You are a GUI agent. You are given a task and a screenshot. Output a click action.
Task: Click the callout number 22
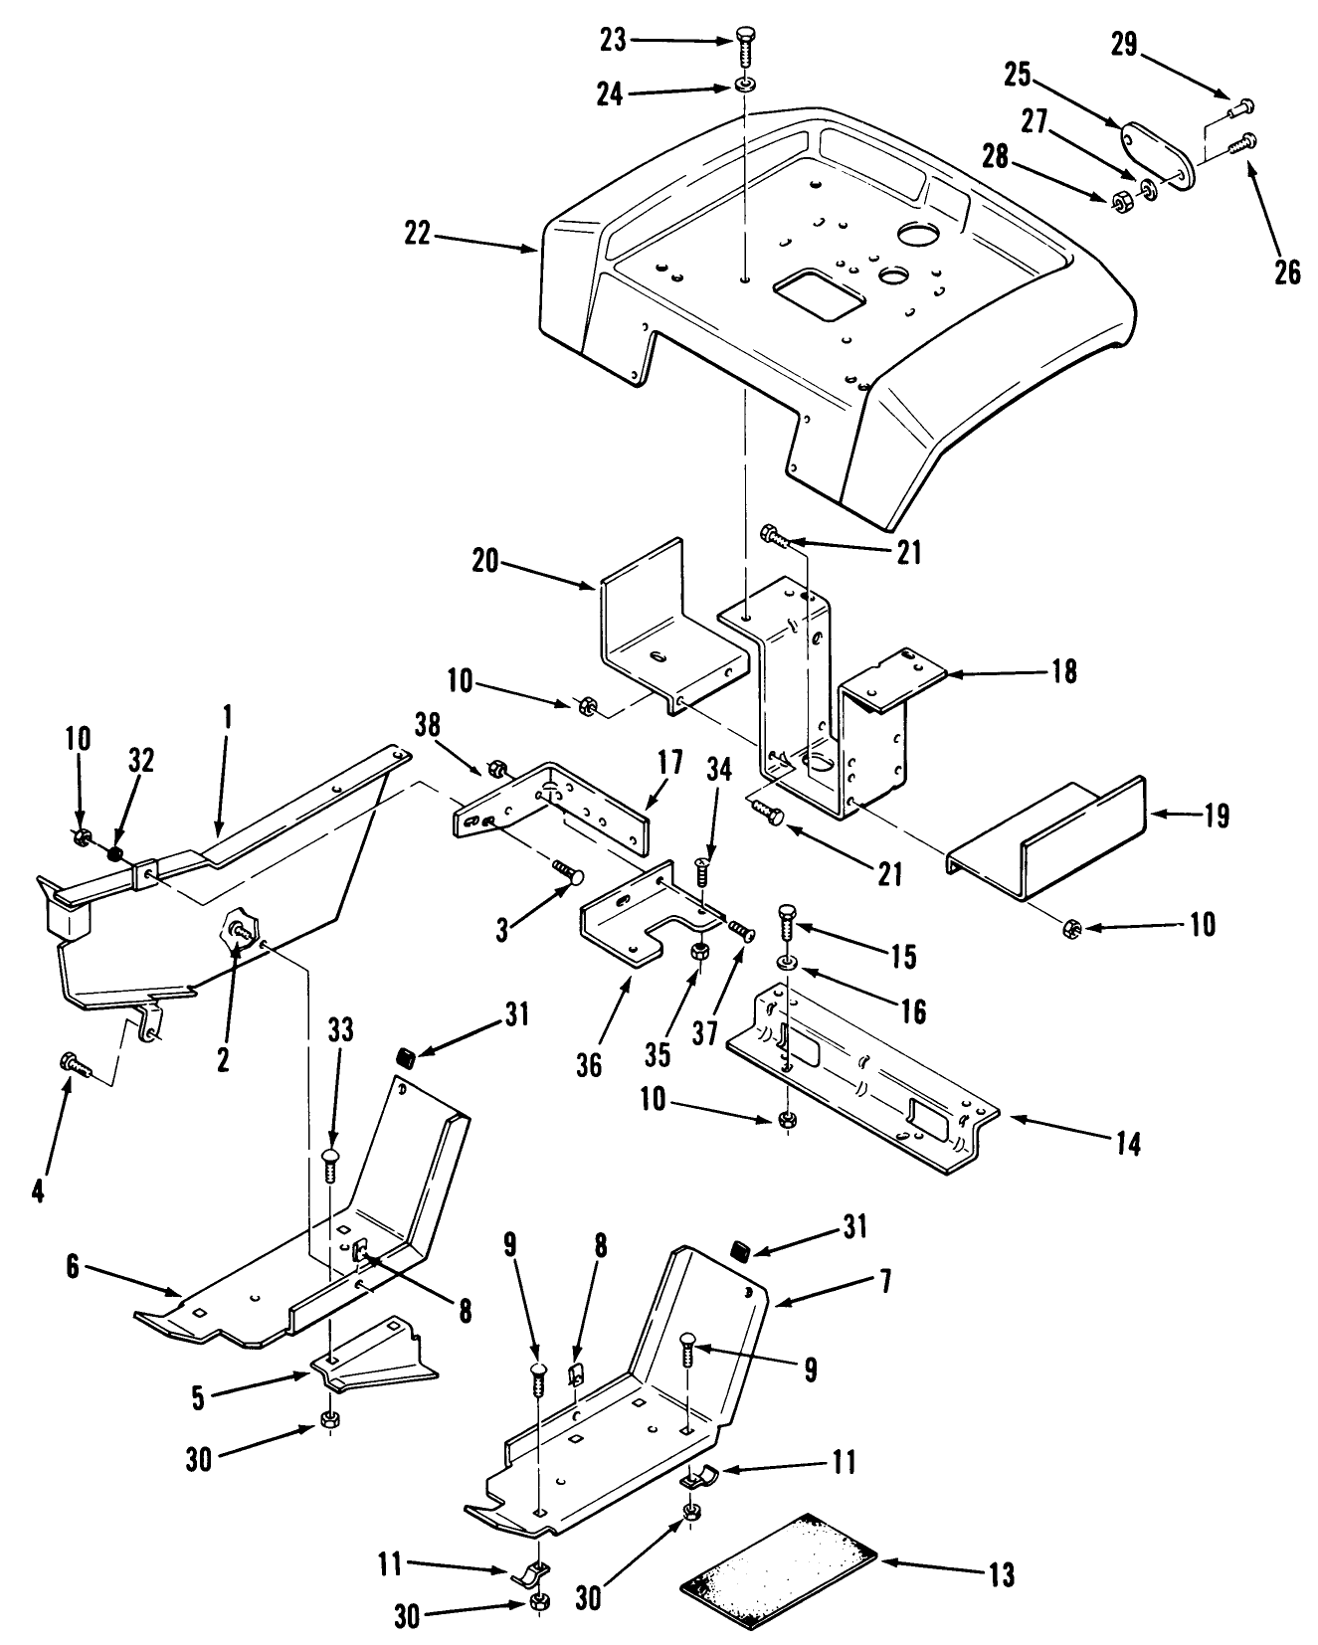[419, 234]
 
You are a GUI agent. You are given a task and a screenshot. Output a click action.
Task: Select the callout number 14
[1128, 1143]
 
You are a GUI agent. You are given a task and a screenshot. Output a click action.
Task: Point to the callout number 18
[1063, 671]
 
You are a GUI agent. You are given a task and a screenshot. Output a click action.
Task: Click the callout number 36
[589, 1065]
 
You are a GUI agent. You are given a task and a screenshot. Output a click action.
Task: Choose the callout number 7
[883, 1280]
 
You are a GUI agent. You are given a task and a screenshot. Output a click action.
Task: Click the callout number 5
[199, 1397]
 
